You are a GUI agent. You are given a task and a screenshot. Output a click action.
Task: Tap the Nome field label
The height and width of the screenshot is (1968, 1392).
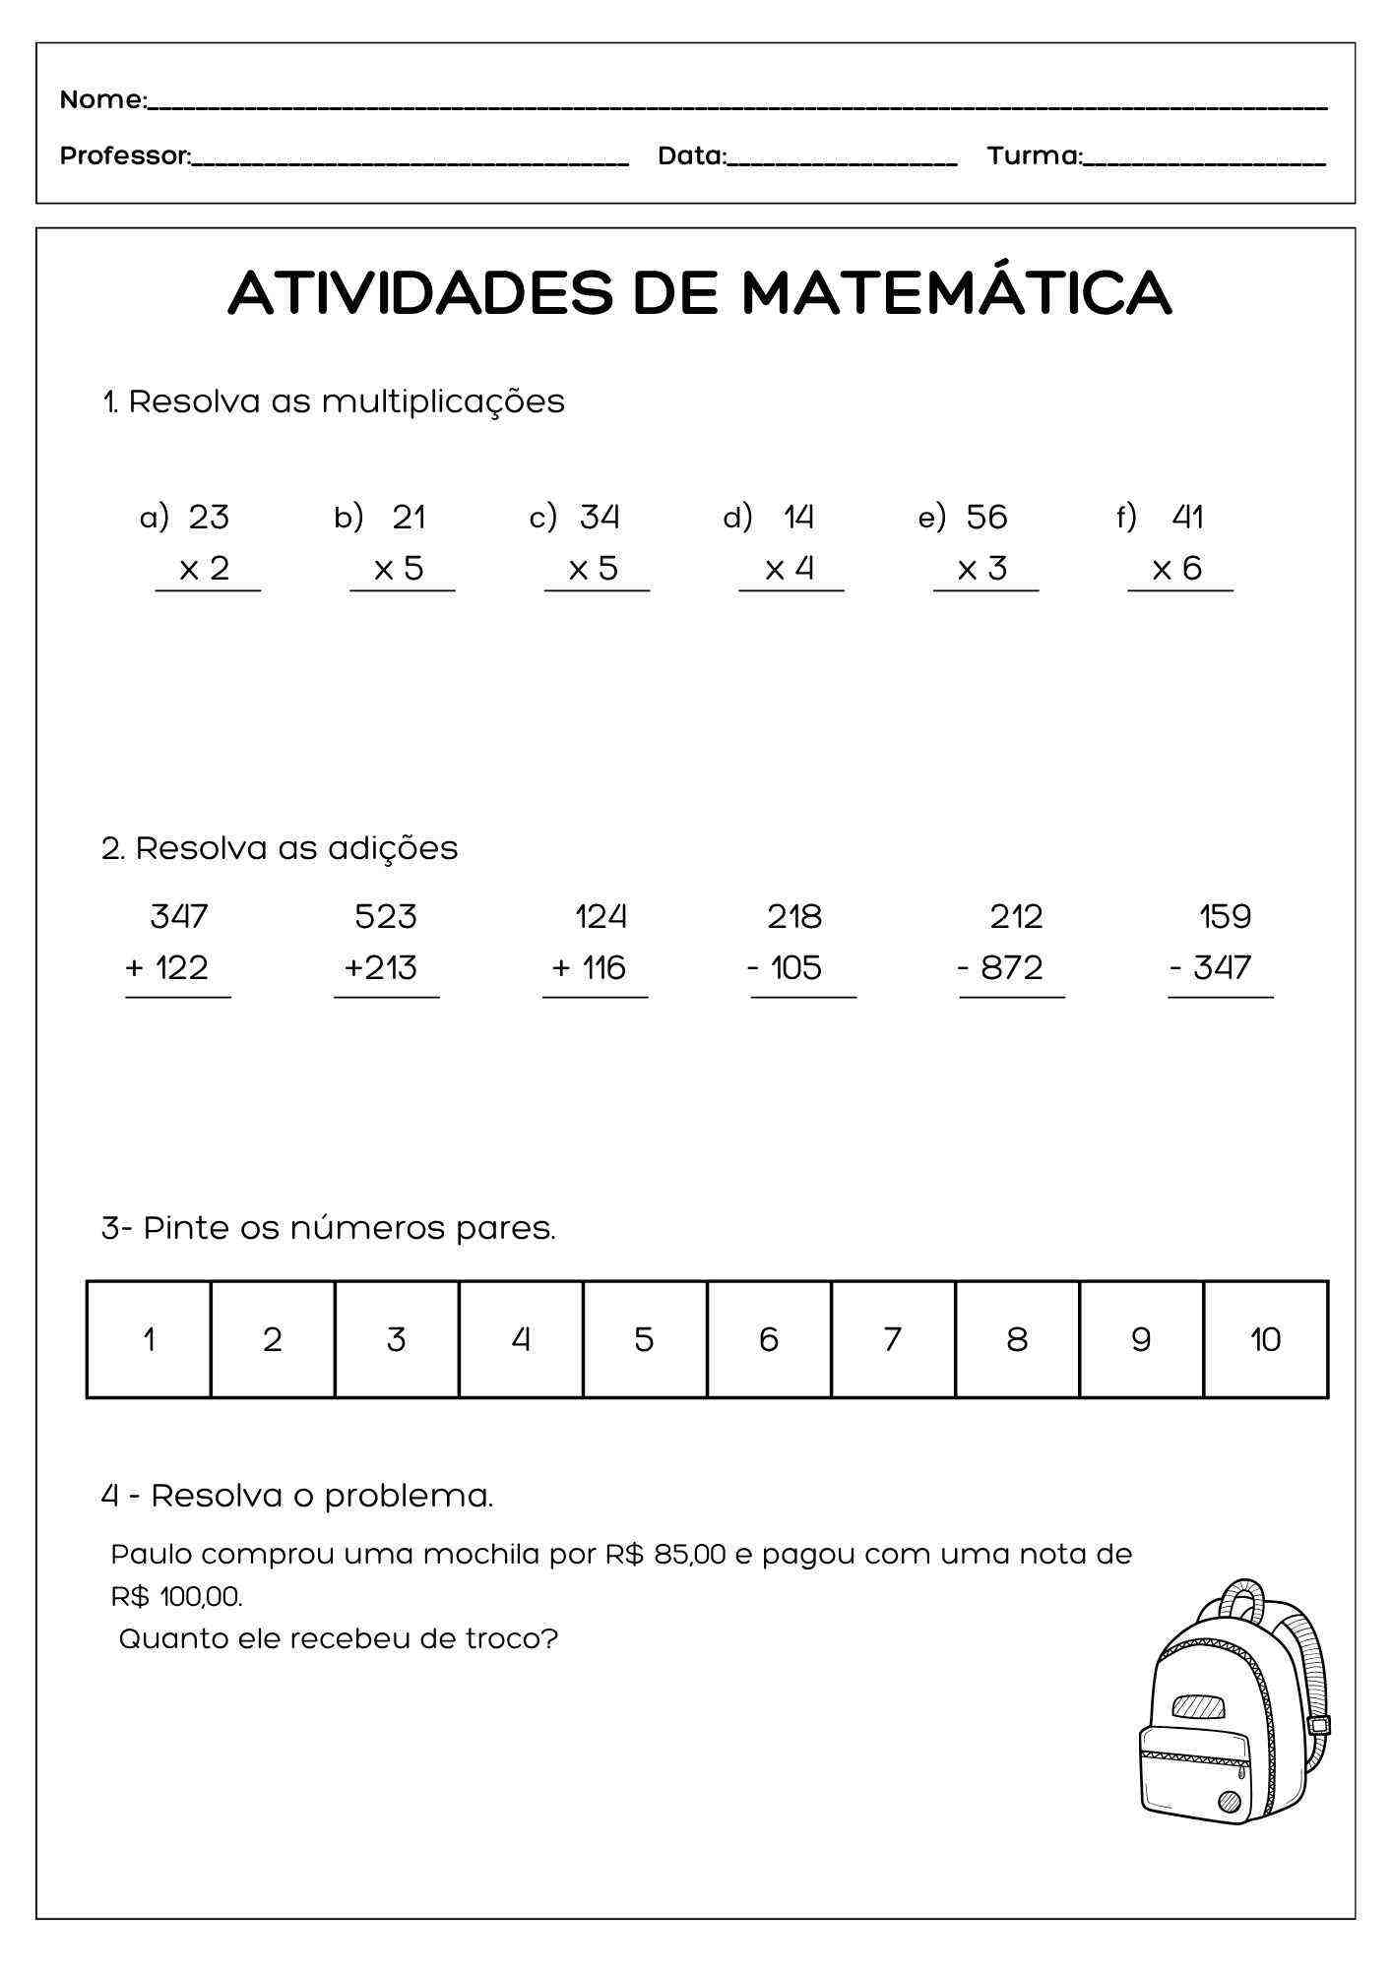pyautogui.click(x=102, y=99)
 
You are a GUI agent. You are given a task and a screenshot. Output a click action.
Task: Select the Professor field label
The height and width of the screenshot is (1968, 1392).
pyautogui.click(x=125, y=155)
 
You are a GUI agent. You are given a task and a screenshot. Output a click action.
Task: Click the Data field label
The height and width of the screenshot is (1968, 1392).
pyautogui.click(x=691, y=155)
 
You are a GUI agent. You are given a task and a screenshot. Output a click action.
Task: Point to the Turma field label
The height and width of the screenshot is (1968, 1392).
pyautogui.click(x=1034, y=155)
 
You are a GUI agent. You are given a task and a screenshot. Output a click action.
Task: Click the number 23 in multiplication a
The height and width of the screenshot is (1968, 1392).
pyautogui.click(x=209, y=517)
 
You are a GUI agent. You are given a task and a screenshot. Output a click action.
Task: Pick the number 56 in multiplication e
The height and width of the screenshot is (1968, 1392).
pyautogui.click(x=986, y=517)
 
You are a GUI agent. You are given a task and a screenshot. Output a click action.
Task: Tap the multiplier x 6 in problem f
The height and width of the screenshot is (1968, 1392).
pyautogui.click(x=1177, y=568)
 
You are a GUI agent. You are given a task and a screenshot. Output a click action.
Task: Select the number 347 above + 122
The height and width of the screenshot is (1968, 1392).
pyautogui.click(x=179, y=917)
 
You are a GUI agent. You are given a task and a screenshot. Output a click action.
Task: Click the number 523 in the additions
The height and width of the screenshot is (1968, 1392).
pyautogui.click(x=386, y=917)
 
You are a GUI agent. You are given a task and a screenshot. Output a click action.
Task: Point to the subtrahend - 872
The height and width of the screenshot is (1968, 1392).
pyautogui.click(x=1000, y=968)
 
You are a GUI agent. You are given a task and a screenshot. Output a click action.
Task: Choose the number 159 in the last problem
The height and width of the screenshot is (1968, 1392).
pyautogui.click(x=1225, y=917)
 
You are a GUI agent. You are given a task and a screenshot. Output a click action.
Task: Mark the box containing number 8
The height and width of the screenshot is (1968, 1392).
pyautogui.click(x=1017, y=1339)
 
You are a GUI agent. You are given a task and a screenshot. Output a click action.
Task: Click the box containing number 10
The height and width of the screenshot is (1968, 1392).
pyautogui.click(x=1265, y=1339)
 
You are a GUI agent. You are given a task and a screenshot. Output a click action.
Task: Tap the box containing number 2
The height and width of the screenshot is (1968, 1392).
pyautogui.click(x=273, y=1339)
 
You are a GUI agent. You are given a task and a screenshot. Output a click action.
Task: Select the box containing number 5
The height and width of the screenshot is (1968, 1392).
pyautogui.click(x=644, y=1339)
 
